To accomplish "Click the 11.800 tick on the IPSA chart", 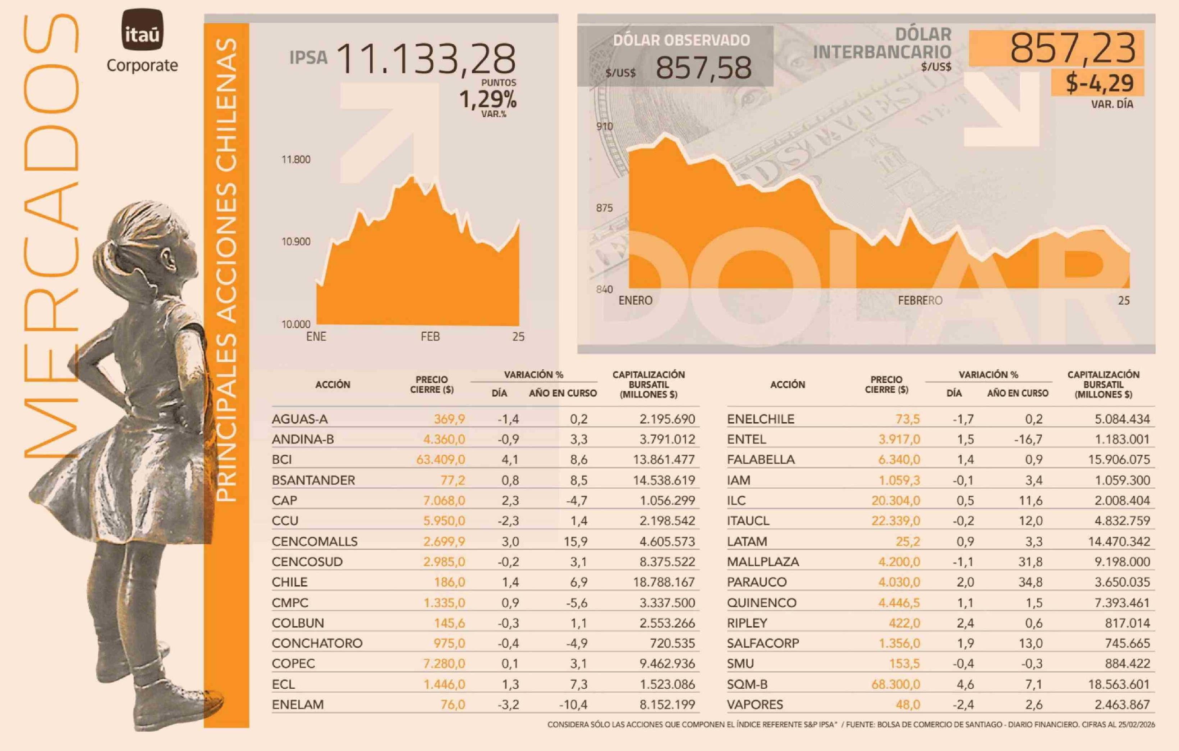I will coord(296,159).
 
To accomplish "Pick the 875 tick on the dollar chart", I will coord(604,208).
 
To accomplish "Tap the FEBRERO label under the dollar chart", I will coord(920,300).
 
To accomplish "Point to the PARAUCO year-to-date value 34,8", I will coord(1030,582).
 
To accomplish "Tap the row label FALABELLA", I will coord(761,460).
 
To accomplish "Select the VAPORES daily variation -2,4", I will coord(964,705).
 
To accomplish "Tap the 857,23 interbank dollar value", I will coord(1072,48).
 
